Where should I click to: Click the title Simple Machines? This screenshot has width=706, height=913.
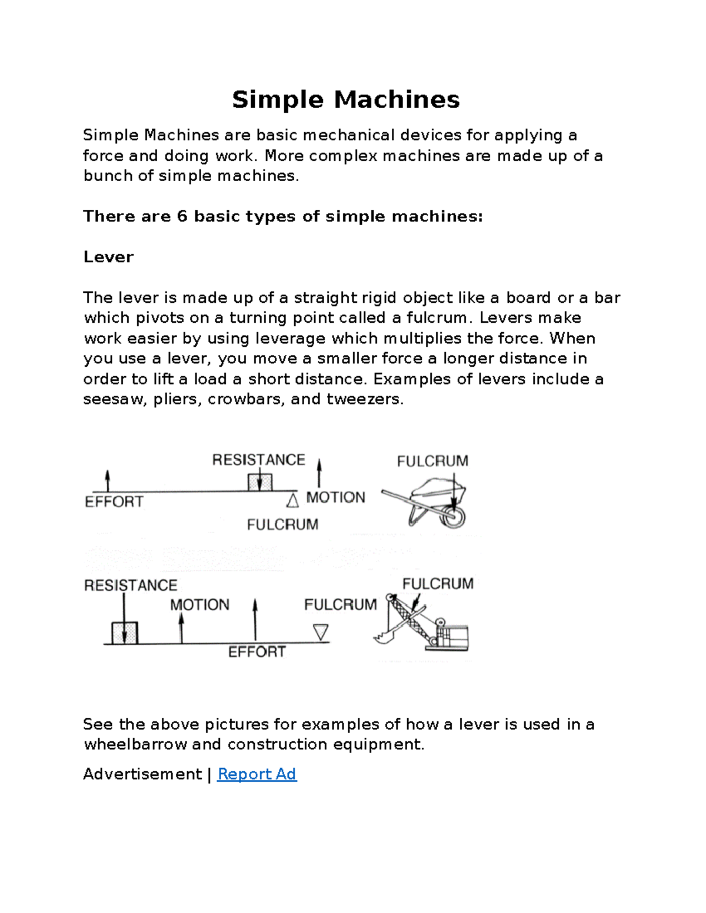click(345, 99)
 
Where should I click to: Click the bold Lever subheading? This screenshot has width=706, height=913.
click(108, 257)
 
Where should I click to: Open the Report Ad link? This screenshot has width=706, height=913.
click(257, 774)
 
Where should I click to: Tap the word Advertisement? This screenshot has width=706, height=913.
click(142, 774)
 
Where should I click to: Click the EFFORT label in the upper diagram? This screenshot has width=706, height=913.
click(114, 501)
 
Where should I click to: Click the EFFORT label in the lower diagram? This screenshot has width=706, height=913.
click(257, 651)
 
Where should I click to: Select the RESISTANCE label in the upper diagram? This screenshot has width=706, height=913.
click(258, 460)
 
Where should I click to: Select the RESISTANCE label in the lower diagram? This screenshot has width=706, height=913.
click(131, 586)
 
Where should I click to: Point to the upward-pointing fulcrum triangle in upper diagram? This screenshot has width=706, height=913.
click(292, 500)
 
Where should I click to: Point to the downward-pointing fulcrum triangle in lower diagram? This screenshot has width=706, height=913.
click(321, 632)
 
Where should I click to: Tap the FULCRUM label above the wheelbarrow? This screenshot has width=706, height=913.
click(432, 461)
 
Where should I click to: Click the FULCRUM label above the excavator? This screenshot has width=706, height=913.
click(438, 584)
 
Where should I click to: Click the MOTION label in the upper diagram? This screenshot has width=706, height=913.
click(335, 497)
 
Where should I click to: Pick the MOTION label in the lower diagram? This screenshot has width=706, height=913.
click(199, 604)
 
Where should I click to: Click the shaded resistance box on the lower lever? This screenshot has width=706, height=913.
click(125, 633)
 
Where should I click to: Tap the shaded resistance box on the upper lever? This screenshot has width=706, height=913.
click(259, 483)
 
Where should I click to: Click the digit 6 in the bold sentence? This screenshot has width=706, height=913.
click(182, 216)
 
